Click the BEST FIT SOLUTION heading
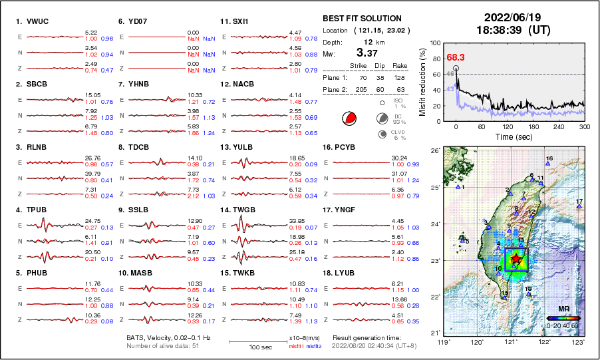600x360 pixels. click(x=362, y=19)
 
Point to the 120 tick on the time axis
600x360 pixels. click(x=508, y=126)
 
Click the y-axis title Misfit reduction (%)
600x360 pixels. click(x=422, y=82)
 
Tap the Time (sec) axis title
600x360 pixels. click(x=508, y=136)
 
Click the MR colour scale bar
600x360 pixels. click(x=563, y=318)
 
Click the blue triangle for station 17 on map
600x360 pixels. click(x=579, y=207)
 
